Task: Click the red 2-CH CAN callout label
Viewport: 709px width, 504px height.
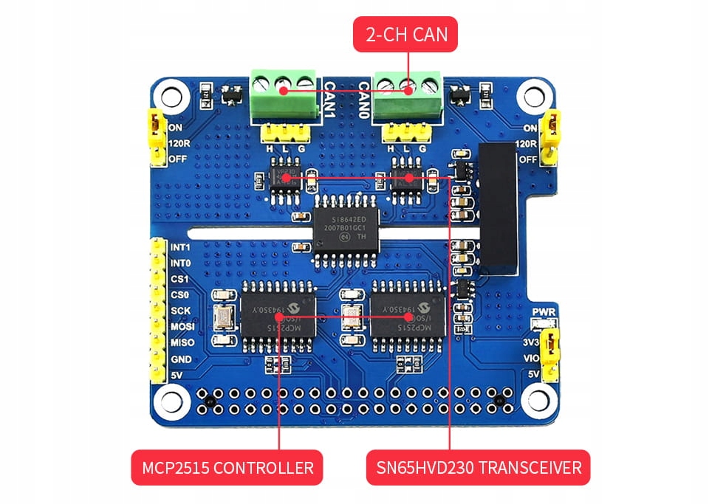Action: coord(405,34)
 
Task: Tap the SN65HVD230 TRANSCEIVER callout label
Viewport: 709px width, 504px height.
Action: coord(478,467)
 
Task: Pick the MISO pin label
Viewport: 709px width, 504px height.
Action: coord(182,343)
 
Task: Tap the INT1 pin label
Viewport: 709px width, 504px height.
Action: coord(180,247)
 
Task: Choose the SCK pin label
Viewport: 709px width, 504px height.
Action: coord(179,311)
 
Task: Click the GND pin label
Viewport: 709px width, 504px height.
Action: coord(181,359)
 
